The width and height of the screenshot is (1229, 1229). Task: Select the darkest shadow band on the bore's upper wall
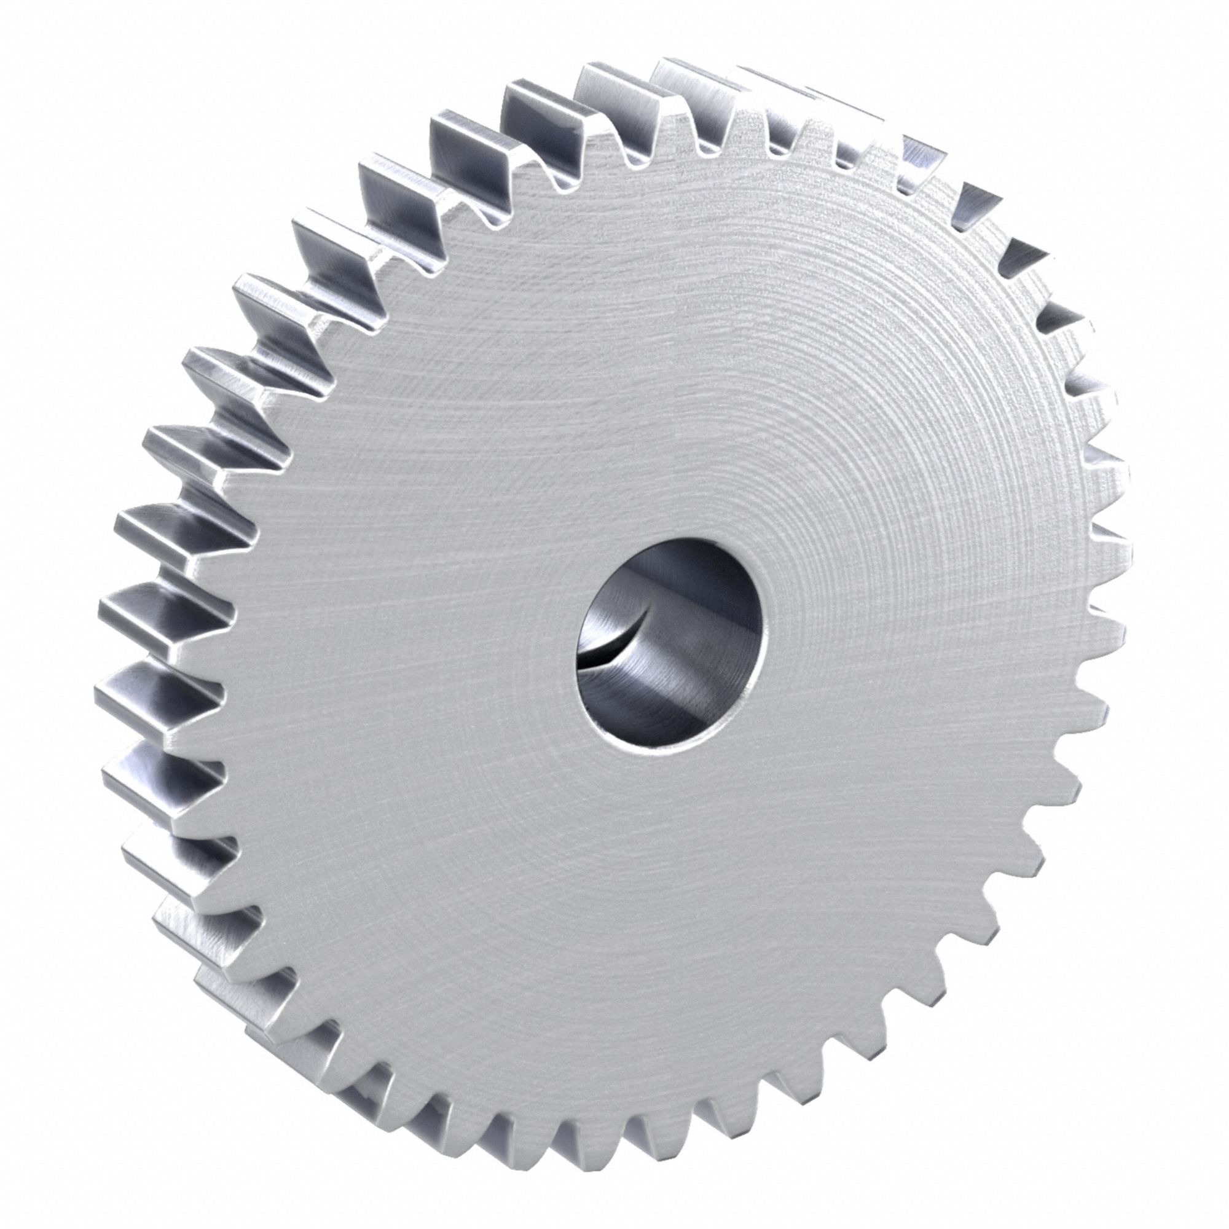(x=674, y=566)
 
